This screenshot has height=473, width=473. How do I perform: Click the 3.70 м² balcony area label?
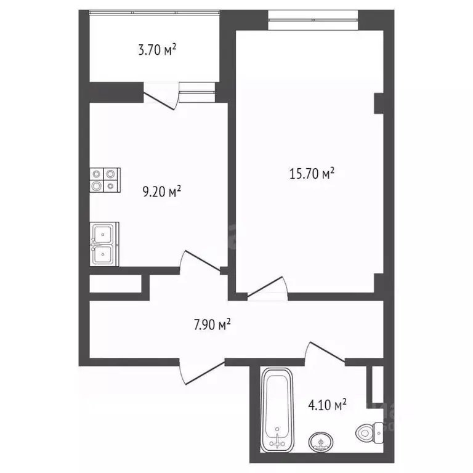point(157,50)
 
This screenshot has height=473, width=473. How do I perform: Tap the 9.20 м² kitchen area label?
point(161,192)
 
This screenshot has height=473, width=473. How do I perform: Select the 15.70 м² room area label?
point(312,175)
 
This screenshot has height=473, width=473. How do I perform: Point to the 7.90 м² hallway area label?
point(212,325)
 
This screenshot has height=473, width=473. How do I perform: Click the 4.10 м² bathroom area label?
point(327,405)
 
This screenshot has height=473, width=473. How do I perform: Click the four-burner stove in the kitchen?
point(103,179)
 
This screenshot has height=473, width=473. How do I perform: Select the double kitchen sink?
point(103,243)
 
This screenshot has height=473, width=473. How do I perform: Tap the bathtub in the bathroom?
point(279,407)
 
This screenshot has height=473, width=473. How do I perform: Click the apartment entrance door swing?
point(200,370)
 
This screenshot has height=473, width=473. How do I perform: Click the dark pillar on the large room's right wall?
point(379,102)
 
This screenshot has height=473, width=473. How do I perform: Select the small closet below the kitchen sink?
point(116,283)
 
